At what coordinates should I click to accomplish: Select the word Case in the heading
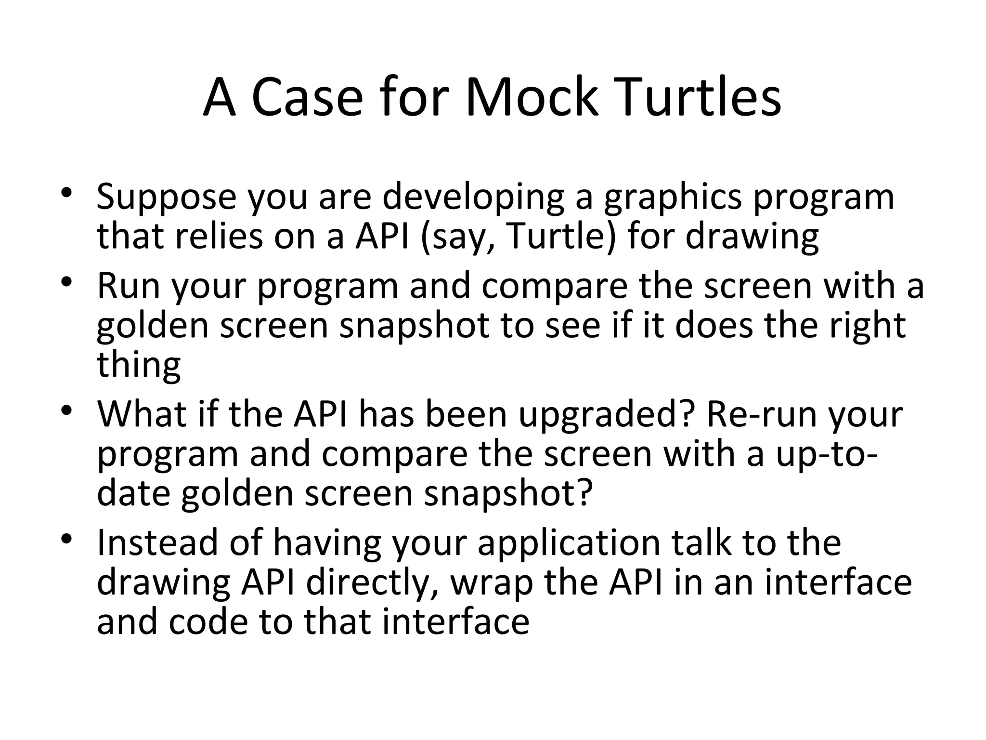pyautogui.click(x=307, y=98)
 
